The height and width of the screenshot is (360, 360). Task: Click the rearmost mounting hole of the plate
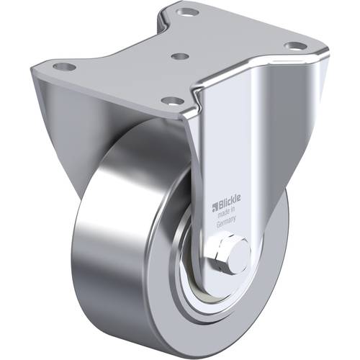[189, 12]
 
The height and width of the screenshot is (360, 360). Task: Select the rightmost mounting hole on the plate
[292, 46]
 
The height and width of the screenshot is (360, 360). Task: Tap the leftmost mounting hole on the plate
[63, 67]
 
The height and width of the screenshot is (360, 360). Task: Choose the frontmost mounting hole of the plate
[171, 100]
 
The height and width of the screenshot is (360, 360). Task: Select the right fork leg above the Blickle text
[230, 144]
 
